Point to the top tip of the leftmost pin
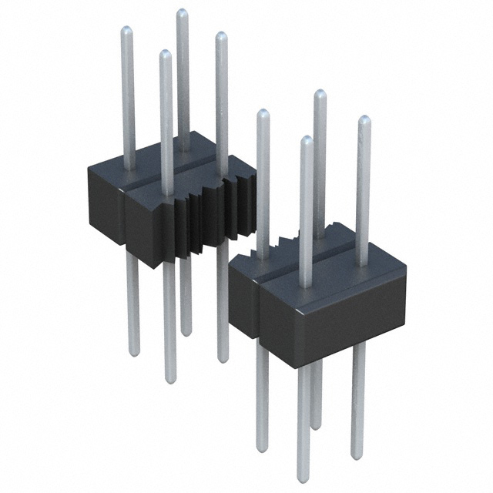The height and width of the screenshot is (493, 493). pyautogui.click(x=127, y=30)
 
